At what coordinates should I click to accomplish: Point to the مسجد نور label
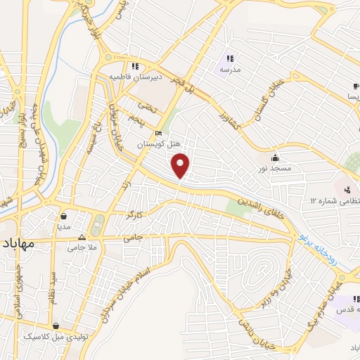click(x=274, y=169)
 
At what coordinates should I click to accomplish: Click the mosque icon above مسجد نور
click(x=275, y=157)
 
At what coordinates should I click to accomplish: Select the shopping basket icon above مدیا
click(x=64, y=216)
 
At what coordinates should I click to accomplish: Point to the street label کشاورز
click(x=229, y=115)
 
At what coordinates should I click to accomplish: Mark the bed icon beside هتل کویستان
click(x=160, y=133)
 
